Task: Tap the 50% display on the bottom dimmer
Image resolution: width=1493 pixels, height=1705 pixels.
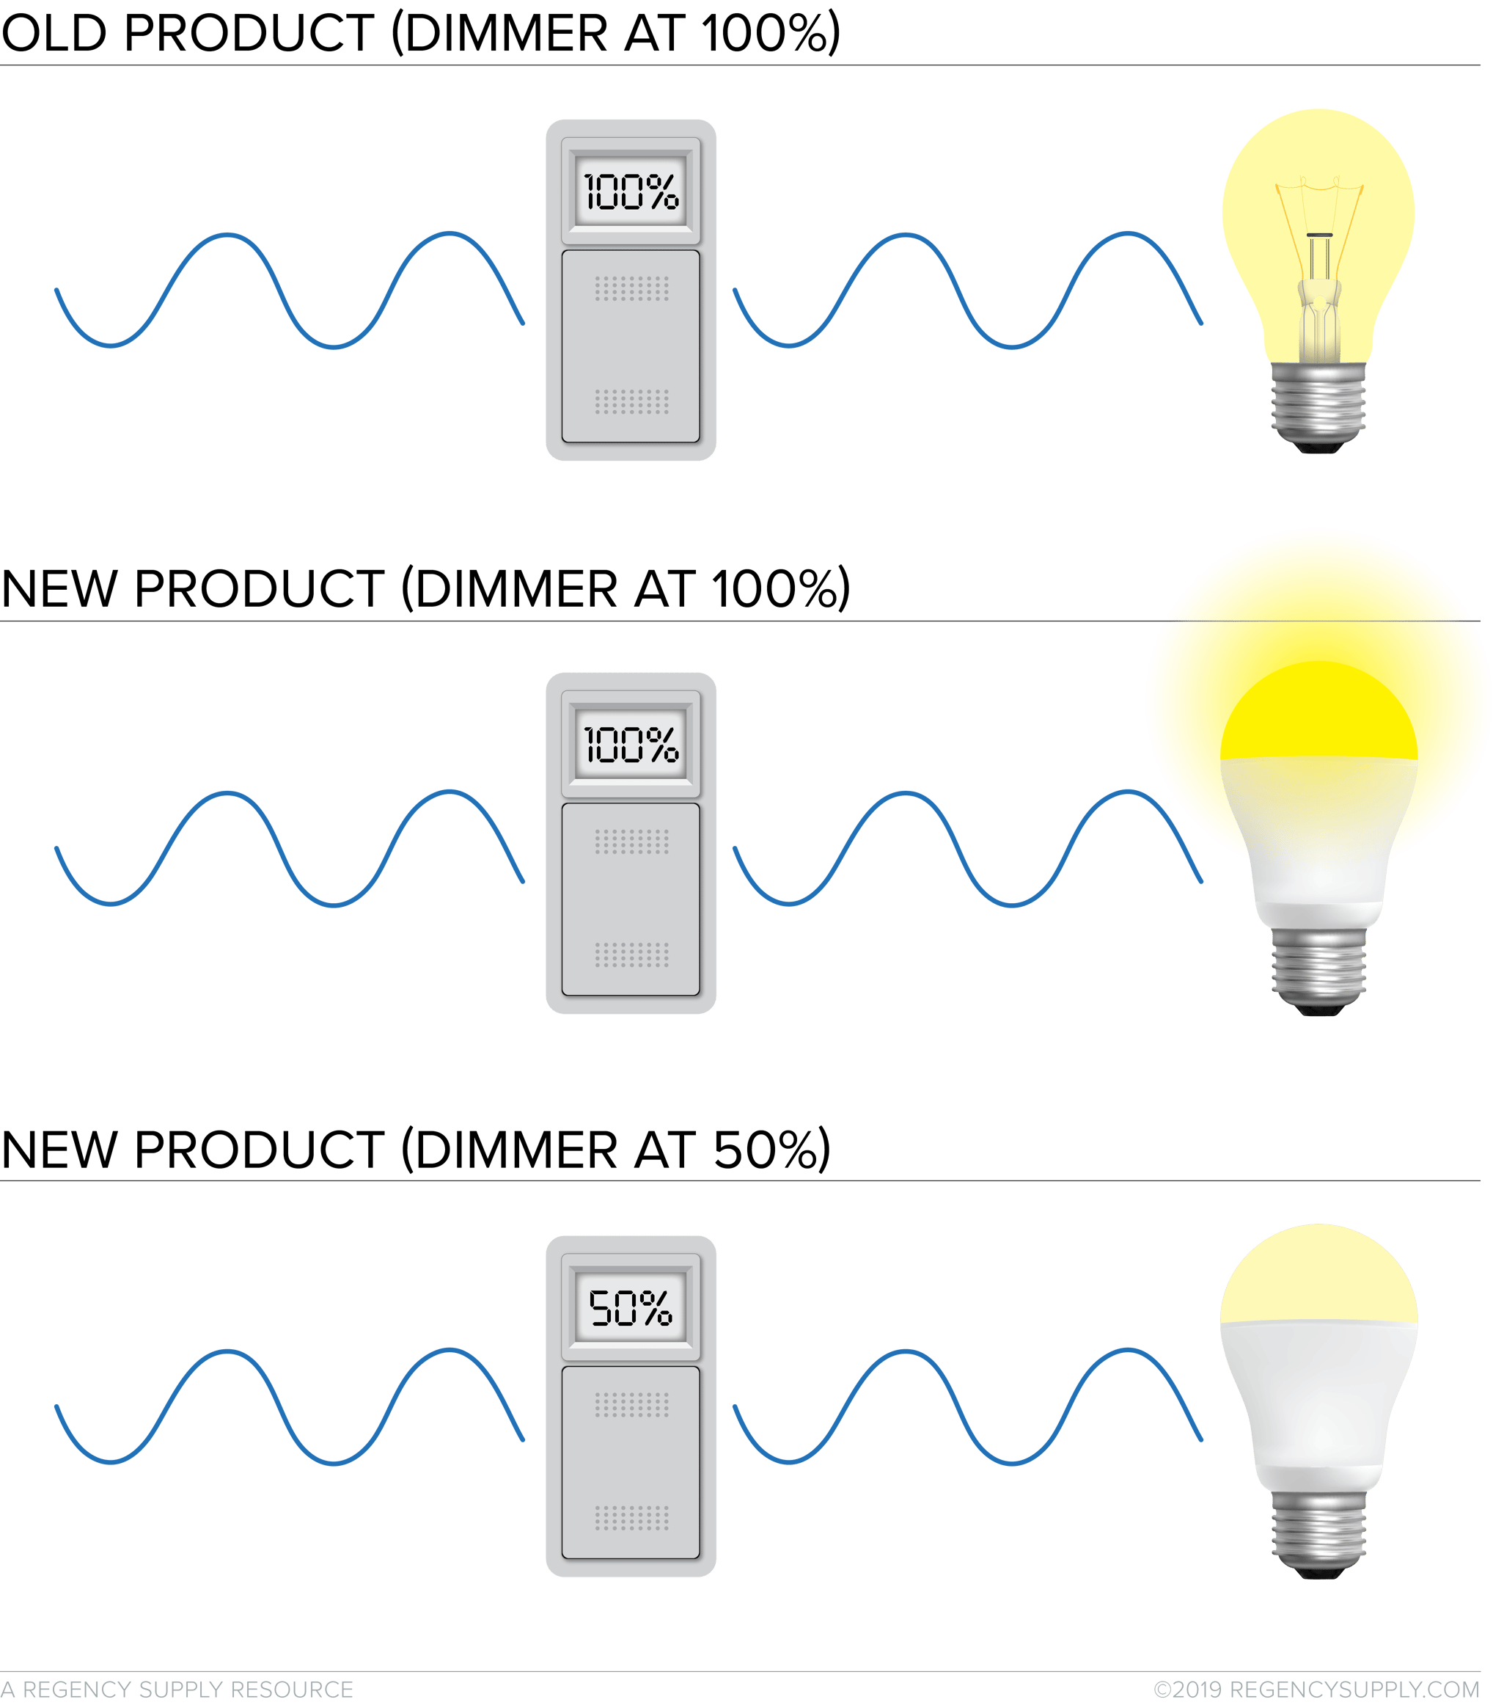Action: pos(631,1307)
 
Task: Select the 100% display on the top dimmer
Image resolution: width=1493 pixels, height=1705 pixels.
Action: pos(631,191)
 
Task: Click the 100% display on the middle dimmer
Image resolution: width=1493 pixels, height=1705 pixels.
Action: pos(631,744)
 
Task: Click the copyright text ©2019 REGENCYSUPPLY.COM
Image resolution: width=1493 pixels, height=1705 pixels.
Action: pos(1316,1689)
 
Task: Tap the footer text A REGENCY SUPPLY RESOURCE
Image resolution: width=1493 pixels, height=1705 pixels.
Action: pos(177,1689)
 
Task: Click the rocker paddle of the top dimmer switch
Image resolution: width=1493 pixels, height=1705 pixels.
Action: pos(631,346)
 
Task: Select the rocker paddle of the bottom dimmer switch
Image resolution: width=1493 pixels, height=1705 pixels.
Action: pos(631,1461)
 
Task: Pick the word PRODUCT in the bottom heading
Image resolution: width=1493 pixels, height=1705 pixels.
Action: pos(259,1150)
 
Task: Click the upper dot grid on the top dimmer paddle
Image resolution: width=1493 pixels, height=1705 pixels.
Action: pos(631,290)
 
